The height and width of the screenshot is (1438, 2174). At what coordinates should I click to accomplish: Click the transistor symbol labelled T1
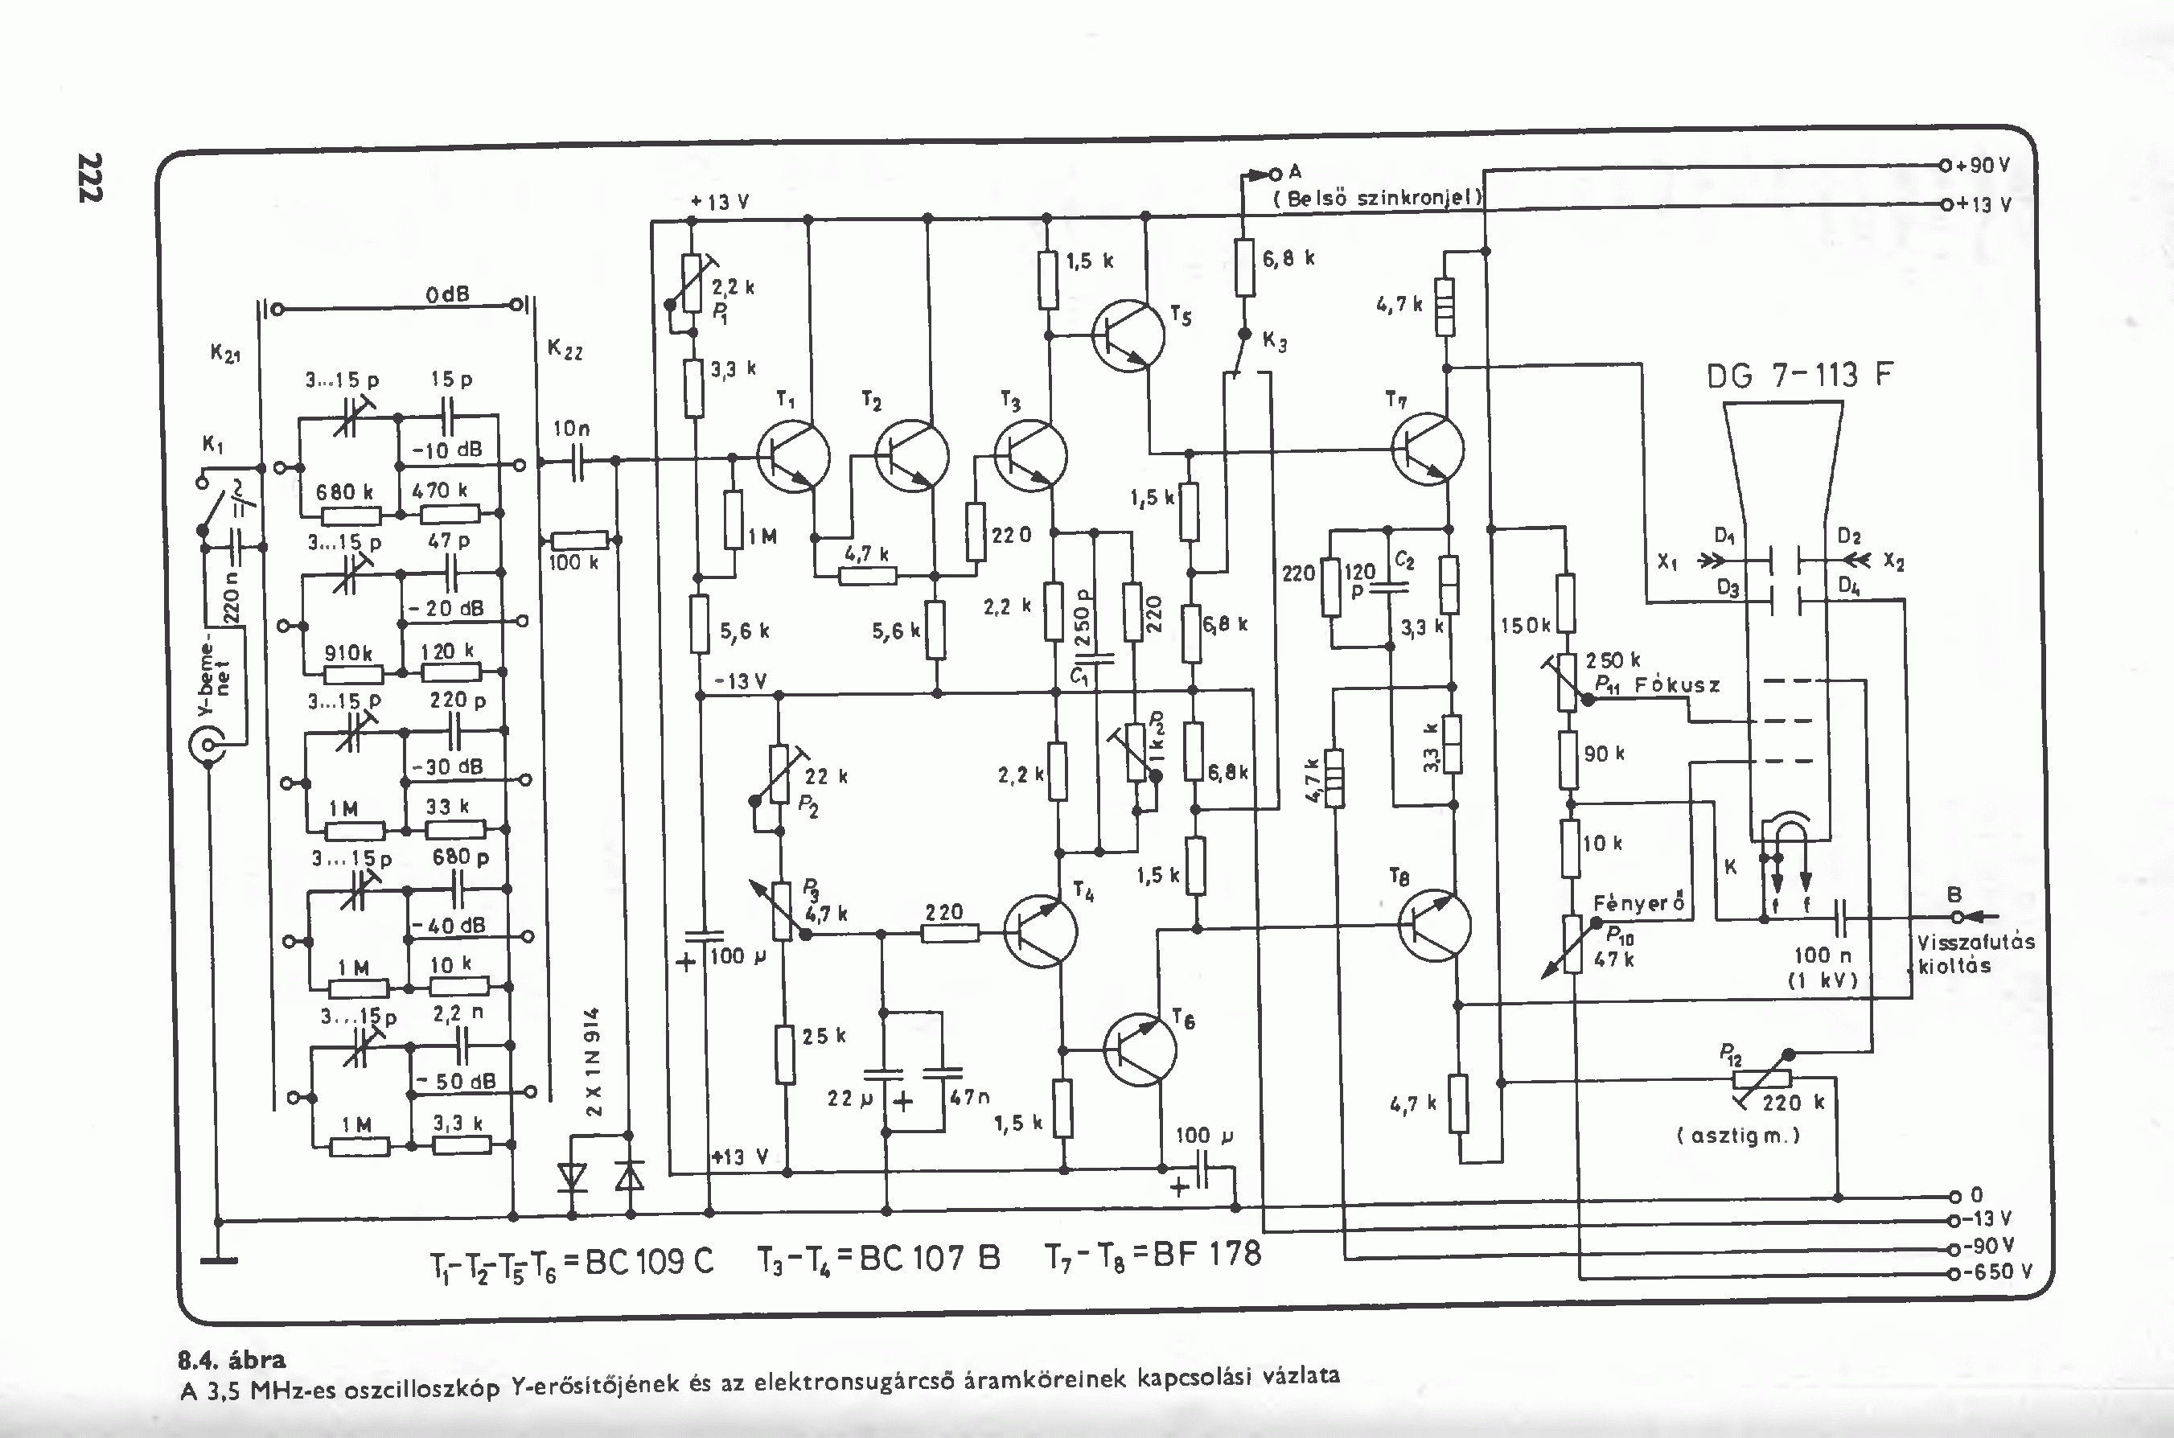pos(793,457)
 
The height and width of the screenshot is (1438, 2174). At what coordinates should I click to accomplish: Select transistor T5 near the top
pos(1128,335)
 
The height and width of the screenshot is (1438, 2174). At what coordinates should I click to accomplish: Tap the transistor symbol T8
pos(1435,926)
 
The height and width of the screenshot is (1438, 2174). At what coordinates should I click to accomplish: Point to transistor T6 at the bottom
pos(1140,1050)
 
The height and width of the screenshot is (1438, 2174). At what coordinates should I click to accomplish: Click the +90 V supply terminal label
pos(1983,166)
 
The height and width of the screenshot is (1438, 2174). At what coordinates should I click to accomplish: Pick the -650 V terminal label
pos(1998,1272)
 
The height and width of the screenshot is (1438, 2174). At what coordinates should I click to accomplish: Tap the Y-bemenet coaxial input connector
pos(208,745)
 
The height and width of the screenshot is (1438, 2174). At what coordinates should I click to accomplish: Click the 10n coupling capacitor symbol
pos(577,462)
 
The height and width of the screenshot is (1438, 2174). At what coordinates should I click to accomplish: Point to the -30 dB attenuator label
pos(447,766)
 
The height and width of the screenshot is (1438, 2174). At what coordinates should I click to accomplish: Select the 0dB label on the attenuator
pos(447,294)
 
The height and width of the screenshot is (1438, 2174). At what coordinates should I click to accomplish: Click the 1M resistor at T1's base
pos(733,520)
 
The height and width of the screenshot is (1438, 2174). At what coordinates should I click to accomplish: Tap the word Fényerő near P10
pos(1638,902)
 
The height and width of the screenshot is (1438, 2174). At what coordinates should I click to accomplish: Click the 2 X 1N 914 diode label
pos(594,1062)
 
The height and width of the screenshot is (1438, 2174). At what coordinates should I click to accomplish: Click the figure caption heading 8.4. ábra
pos(232,1359)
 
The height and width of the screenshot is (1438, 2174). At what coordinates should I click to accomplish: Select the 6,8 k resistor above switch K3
pos(1244,267)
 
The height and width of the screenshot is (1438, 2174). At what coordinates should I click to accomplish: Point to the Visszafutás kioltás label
pos(1975,954)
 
